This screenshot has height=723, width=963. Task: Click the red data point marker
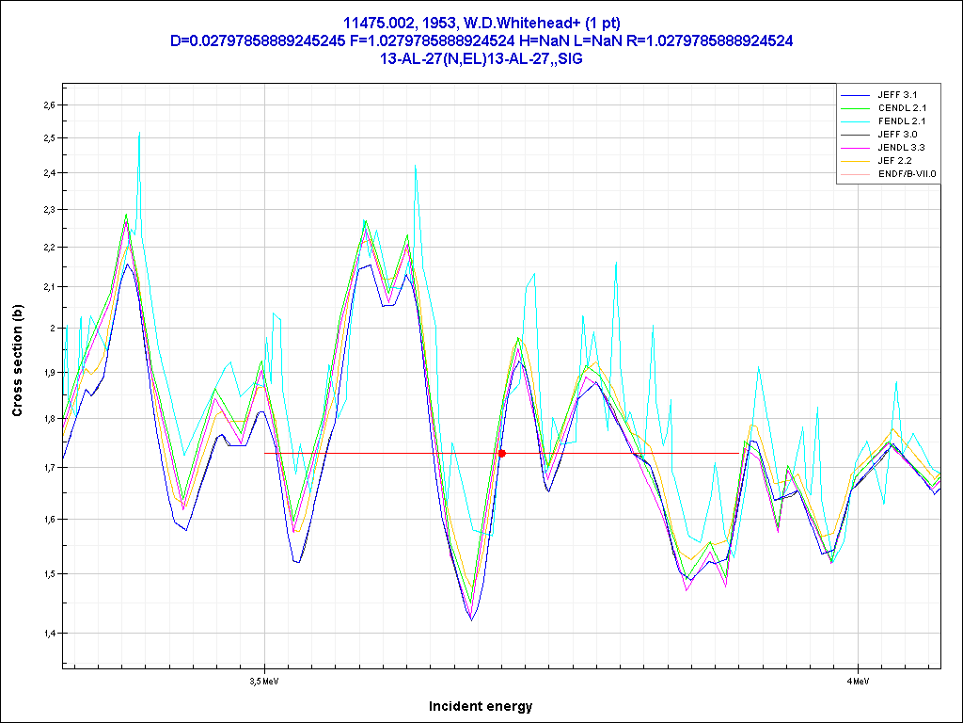[501, 453]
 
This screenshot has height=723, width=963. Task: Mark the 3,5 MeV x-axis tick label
[264, 679]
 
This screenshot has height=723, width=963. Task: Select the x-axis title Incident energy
[481, 706]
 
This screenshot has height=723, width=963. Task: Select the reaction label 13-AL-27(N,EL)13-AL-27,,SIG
[481, 58]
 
